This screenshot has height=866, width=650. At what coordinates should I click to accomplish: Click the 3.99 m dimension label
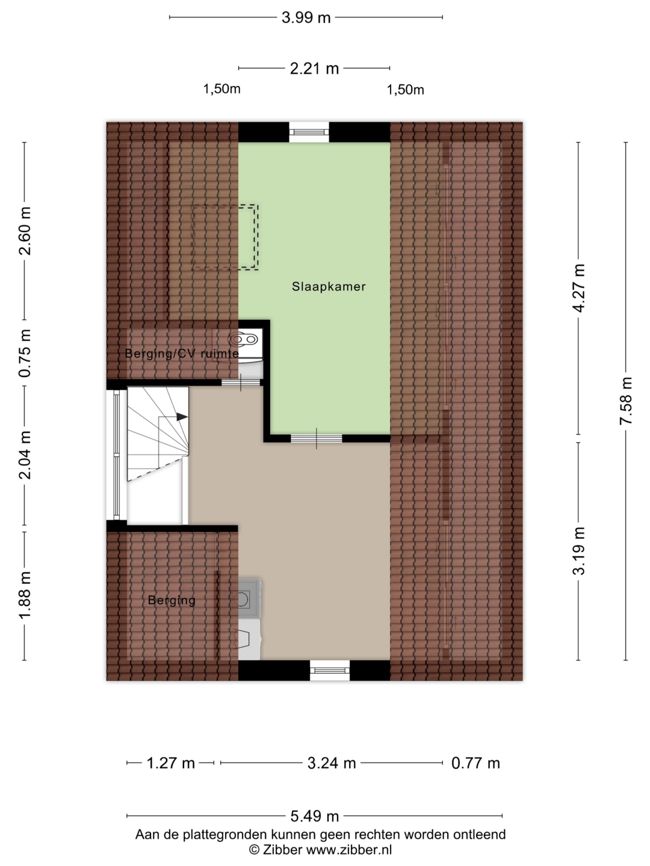(x=306, y=18)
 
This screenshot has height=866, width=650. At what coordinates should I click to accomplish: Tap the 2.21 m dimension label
(x=314, y=69)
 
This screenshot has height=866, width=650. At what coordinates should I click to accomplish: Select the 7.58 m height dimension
(x=625, y=401)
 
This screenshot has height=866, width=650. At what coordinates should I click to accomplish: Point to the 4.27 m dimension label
(x=579, y=288)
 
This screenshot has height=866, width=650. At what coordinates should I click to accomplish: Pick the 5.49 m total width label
(x=315, y=816)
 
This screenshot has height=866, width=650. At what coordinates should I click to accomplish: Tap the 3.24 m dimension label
(x=332, y=763)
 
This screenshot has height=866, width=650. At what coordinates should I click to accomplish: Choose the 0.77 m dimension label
(x=475, y=763)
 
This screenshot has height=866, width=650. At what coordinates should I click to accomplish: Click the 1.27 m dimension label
(x=170, y=763)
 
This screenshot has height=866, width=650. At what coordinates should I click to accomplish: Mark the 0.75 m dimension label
(x=25, y=353)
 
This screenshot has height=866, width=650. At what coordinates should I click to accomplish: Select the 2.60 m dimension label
(x=25, y=231)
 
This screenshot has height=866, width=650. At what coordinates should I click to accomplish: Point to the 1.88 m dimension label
(x=25, y=595)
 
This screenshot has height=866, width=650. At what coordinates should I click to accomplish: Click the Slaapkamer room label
(x=329, y=286)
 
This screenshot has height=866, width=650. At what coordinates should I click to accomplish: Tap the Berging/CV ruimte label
(x=182, y=354)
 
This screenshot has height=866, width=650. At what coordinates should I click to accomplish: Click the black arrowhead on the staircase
(x=182, y=417)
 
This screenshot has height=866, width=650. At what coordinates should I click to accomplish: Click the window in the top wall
(x=309, y=132)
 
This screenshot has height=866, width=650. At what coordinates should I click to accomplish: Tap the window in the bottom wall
(x=330, y=670)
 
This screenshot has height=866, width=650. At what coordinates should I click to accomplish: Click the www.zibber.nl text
(x=349, y=850)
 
